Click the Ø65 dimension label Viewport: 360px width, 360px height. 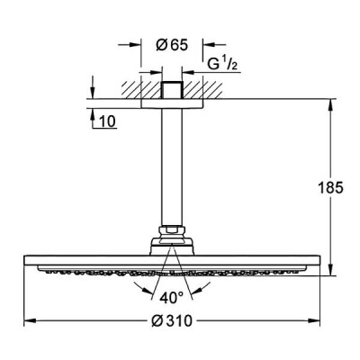[172, 45]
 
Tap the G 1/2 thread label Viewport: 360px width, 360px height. [222, 64]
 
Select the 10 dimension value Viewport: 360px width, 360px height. [107, 121]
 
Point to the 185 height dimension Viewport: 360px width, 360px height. [330, 188]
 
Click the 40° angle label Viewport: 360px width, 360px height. [171, 298]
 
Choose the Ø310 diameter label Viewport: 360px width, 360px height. [172, 321]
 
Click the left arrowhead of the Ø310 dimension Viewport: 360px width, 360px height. [30, 321]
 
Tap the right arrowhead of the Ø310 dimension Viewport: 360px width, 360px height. [314, 321]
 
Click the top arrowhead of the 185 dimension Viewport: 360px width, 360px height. [330, 105]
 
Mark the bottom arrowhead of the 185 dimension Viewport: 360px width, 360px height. [330, 269]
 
